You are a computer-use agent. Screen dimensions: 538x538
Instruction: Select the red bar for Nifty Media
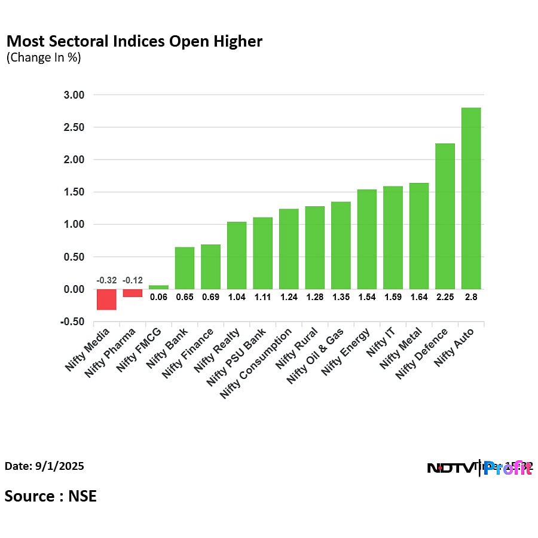[107, 299]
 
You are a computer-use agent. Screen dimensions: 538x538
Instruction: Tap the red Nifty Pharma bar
[133, 293]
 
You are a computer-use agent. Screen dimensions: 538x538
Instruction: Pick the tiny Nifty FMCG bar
[158, 287]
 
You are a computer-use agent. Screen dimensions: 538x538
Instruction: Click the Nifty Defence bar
[445, 216]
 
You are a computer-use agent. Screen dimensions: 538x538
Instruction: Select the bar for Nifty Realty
[237, 255]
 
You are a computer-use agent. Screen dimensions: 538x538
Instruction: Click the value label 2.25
[445, 296]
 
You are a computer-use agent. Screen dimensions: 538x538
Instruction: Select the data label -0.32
[106, 280]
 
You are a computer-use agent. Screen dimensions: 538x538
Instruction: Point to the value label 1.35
[341, 296]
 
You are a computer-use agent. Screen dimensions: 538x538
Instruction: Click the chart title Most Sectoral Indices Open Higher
[134, 41]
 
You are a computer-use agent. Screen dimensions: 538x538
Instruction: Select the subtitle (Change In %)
[44, 58]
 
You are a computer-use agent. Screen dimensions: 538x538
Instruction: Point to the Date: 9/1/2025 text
[44, 466]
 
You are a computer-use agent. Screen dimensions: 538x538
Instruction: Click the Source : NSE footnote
[51, 496]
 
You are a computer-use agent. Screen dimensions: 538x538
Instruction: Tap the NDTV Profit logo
[478, 468]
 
